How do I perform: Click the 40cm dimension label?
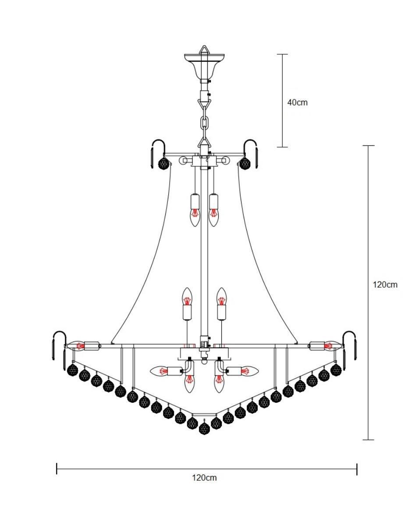coord(297,102)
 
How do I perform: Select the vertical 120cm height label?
coord(385,285)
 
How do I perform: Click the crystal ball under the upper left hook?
coord(164,162)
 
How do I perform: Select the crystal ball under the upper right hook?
coord(245,162)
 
